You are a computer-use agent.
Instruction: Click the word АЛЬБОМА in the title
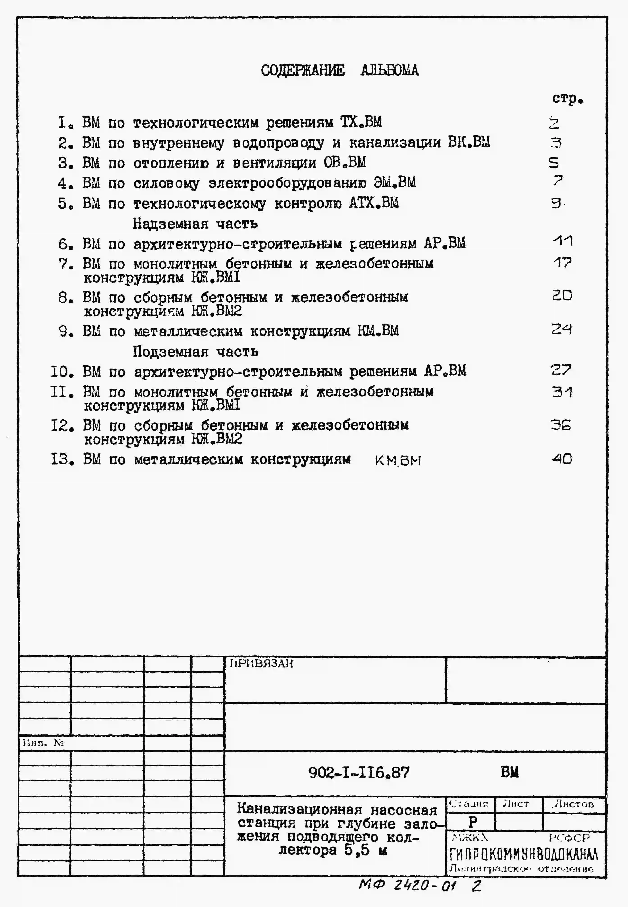pyautogui.click(x=390, y=70)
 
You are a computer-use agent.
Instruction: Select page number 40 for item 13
pyautogui.click(x=562, y=458)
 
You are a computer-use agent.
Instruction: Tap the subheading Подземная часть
pyautogui.click(x=196, y=351)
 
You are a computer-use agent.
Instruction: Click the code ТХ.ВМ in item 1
pyautogui.click(x=361, y=122)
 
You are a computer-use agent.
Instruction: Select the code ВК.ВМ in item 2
pyautogui.click(x=469, y=142)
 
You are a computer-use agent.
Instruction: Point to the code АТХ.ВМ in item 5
pyautogui.click(x=373, y=203)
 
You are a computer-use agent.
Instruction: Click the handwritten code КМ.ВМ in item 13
pyautogui.click(x=398, y=460)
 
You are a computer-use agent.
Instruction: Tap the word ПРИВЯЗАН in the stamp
pyautogui.click(x=261, y=664)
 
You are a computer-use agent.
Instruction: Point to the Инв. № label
pyautogui.click(x=43, y=743)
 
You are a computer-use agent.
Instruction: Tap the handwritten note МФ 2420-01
pyautogui.click(x=407, y=885)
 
